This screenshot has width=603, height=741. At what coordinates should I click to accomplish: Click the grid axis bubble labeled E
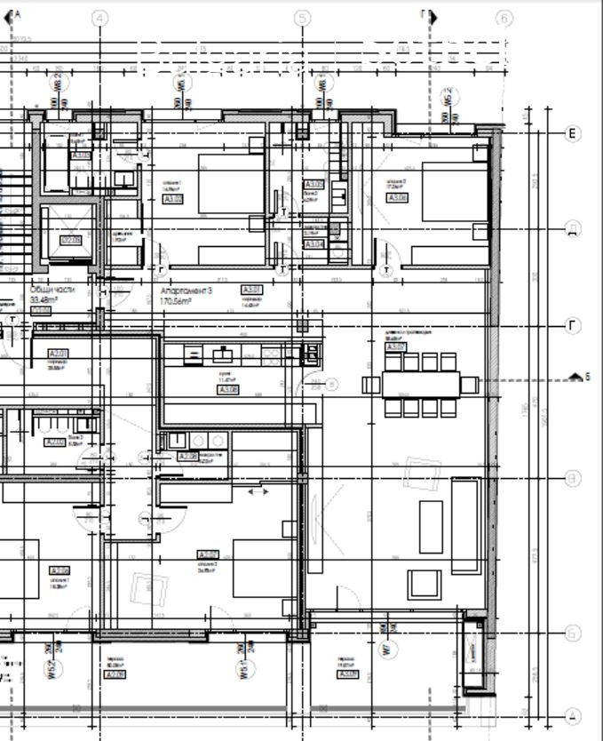point(574,133)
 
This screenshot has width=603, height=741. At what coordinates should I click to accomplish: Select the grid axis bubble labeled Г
point(574,326)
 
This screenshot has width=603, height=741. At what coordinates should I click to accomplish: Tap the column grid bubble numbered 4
point(99,18)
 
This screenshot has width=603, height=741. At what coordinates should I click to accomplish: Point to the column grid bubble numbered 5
point(302,18)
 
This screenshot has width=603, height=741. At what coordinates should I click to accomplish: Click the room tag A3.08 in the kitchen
point(228,389)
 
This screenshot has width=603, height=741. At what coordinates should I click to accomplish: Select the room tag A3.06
point(398,197)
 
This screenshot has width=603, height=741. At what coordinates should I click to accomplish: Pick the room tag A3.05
point(174,199)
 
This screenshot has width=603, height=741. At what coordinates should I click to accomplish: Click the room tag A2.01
point(59,354)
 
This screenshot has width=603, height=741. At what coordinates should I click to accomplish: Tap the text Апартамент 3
point(186,291)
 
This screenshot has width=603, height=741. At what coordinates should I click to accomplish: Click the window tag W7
point(385,649)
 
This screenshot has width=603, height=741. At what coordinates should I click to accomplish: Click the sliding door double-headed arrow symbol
point(258,491)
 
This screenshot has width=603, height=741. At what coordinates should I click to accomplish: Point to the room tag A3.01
point(252,290)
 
